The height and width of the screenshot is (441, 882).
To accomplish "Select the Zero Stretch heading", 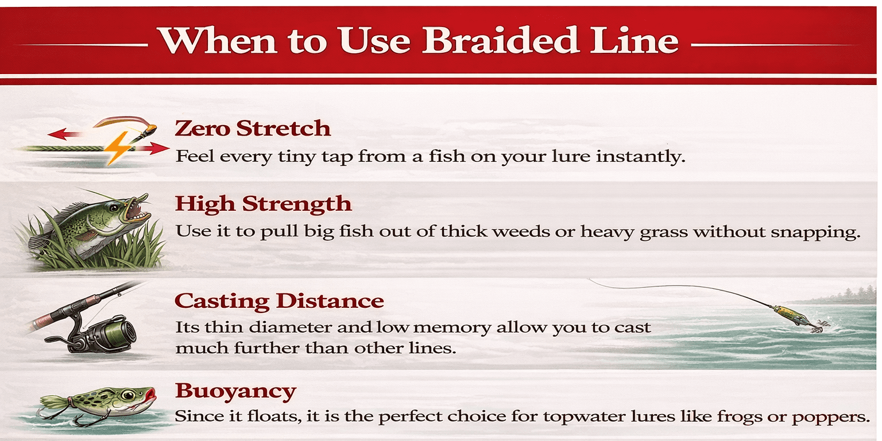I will tap(253, 128).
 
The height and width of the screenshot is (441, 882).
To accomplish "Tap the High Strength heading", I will tap(263, 203).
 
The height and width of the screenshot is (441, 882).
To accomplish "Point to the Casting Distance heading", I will tap(279, 301).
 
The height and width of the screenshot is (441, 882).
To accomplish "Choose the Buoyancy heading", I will tap(235, 391).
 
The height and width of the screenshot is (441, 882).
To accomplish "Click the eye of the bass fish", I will tap(115, 207).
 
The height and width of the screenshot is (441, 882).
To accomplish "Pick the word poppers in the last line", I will tap(832, 416).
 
